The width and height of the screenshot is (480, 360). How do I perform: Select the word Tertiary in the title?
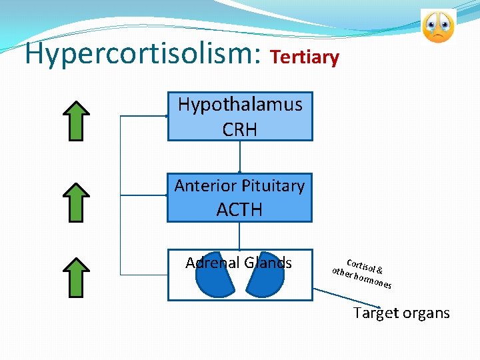point(305,57)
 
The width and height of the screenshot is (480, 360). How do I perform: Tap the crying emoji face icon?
point(438,26)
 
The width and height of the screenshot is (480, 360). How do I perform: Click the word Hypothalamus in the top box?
point(239,105)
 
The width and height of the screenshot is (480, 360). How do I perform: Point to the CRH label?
point(239,129)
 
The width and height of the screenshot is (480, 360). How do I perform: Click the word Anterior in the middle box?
point(203,186)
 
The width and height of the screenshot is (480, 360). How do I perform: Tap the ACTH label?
point(239,209)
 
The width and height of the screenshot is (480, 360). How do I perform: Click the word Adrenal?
point(213,263)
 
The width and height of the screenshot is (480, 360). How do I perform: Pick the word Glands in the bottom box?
point(268,263)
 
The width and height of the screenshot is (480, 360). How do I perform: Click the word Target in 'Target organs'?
point(375,313)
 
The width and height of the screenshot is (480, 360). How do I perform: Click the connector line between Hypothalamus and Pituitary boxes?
point(239,157)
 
